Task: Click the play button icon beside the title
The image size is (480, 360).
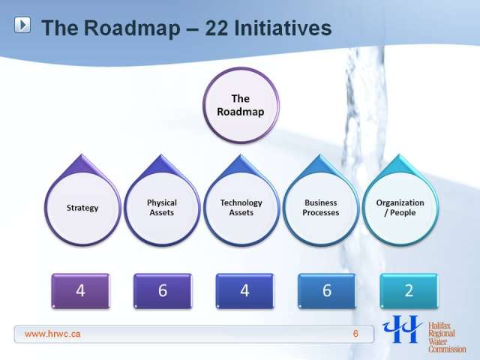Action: [22, 25]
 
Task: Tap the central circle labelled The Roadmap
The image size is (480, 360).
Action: [241, 105]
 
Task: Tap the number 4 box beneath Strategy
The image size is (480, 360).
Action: [80, 291]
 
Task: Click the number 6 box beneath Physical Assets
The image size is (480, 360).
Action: [163, 291]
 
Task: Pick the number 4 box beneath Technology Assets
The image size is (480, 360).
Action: [245, 291]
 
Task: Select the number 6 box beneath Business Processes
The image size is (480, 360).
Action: [327, 291]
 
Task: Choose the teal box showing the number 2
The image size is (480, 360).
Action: [409, 291]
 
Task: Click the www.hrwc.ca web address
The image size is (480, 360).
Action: [52, 334]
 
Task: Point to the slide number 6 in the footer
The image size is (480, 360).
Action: [355, 333]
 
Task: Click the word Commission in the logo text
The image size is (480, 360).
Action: [447, 349]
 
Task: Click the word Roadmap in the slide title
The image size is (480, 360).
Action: [132, 28]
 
